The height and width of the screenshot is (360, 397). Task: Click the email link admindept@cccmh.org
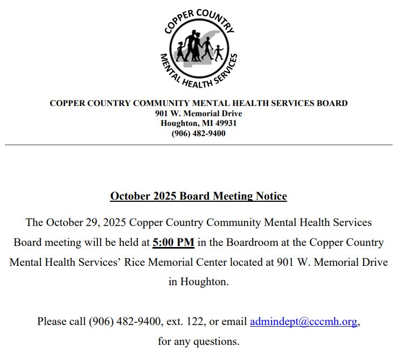click(x=303, y=322)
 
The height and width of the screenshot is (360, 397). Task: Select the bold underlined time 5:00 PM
click(x=173, y=242)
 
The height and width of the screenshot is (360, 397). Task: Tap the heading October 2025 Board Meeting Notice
click(x=198, y=196)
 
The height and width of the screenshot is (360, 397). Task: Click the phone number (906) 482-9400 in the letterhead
click(x=198, y=133)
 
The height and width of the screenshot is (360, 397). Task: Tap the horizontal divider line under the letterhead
click(x=198, y=145)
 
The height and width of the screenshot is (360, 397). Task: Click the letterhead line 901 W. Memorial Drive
click(x=198, y=114)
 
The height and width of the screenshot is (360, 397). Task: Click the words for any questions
click(x=198, y=341)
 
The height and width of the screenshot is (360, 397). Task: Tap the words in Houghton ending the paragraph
click(x=198, y=281)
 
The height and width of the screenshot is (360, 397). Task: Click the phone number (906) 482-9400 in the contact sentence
click(x=125, y=322)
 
